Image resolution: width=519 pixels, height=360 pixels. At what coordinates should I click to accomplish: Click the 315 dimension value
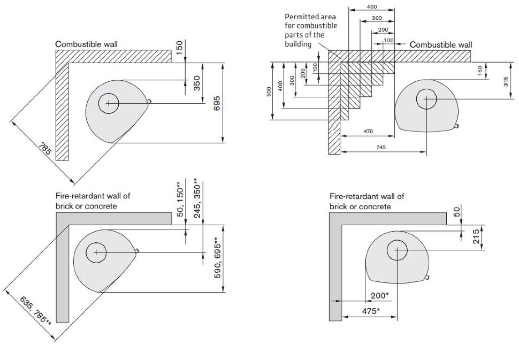click(x=506, y=81)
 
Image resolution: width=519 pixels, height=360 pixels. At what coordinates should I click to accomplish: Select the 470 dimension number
click(x=368, y=132)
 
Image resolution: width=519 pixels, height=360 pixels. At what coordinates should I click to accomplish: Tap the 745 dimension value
click(x=381, y=147)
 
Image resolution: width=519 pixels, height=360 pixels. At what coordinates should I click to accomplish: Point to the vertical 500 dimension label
click(x=269, y=91)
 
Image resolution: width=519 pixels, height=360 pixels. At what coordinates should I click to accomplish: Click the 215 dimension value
click(x=476, y=236)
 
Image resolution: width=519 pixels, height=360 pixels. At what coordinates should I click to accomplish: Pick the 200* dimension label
click(x=380, y=295)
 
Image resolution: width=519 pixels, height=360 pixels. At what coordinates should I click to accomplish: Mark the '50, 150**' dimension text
click(x=180, y=198)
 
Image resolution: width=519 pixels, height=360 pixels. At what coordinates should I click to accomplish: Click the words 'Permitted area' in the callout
click(x=310, y=17)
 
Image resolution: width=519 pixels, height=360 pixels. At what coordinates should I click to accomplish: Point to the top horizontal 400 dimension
click(x=371, y=6)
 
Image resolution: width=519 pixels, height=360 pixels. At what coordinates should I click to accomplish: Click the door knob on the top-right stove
click(x=456, y=126)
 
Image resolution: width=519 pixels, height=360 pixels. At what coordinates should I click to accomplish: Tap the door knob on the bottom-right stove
click(x=426, y=277)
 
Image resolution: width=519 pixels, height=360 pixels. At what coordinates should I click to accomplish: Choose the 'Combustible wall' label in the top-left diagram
click(x=87, y=44)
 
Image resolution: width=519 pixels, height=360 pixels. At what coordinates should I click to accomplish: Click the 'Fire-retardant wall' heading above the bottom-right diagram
click(x=367, y=197)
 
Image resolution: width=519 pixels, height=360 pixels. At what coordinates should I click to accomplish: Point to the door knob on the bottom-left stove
click(x=138, y=250)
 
